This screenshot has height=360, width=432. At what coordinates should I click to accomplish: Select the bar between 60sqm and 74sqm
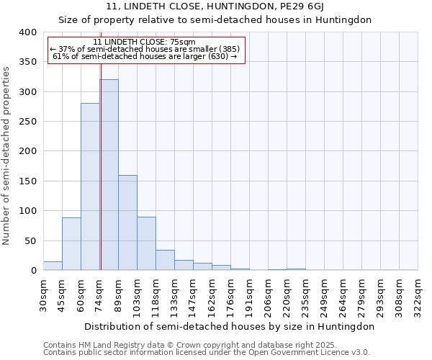point(90,187)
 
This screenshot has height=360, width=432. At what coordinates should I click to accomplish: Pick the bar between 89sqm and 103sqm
point(127,222)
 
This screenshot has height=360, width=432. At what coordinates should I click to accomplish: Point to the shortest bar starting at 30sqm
point(53,266)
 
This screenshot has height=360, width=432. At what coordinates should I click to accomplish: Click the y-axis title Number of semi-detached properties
point(6,155)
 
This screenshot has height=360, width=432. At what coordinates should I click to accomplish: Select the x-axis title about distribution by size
point(230,326)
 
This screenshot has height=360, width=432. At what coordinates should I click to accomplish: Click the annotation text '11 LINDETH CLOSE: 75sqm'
point(144,42)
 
